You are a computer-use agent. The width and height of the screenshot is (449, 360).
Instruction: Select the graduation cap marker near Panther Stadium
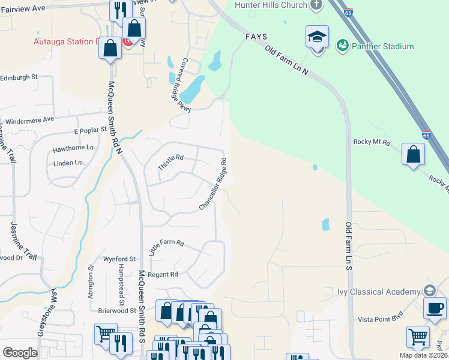tap(317, 37)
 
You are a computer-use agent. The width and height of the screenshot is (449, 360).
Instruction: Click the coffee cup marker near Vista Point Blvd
tap(435, 308)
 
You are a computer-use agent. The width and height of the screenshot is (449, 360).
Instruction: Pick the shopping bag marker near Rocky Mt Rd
tap(413, 155)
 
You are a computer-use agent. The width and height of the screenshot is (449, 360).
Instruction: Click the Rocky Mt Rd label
tap(372, 143)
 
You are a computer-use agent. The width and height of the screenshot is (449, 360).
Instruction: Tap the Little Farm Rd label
tap(166, 248)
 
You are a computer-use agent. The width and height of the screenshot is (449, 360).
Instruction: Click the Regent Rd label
tap(164, 274)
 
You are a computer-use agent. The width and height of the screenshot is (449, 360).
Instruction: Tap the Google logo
tap(20, 353)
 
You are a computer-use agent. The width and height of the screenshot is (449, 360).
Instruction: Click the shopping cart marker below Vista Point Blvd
tap(418, 337)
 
